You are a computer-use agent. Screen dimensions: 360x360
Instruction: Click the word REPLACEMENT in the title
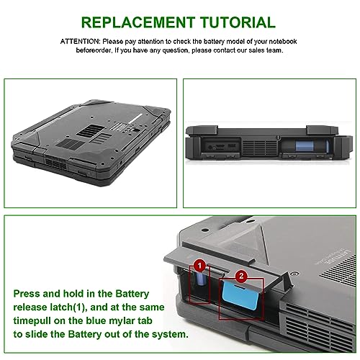(138, 22)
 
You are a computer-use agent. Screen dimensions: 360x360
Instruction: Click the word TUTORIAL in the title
(238, 22)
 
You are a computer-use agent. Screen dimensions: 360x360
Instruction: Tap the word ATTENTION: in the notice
(80, 42)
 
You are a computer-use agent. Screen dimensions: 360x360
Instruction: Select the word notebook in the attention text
(283, 42)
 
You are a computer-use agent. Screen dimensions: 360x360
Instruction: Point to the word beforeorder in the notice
(94, 50)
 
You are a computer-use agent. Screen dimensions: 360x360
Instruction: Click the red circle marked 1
(199, 266)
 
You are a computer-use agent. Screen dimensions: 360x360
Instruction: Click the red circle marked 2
(241, 276)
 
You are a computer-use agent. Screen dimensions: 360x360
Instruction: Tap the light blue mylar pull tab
(240, 295)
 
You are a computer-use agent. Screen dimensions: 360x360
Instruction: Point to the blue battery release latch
(201, 279)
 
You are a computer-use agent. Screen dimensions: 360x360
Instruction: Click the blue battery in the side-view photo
(305, 146)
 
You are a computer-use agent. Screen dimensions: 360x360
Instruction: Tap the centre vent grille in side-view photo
(260, 147)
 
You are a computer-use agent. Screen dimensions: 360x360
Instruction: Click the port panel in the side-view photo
(220, 146)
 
